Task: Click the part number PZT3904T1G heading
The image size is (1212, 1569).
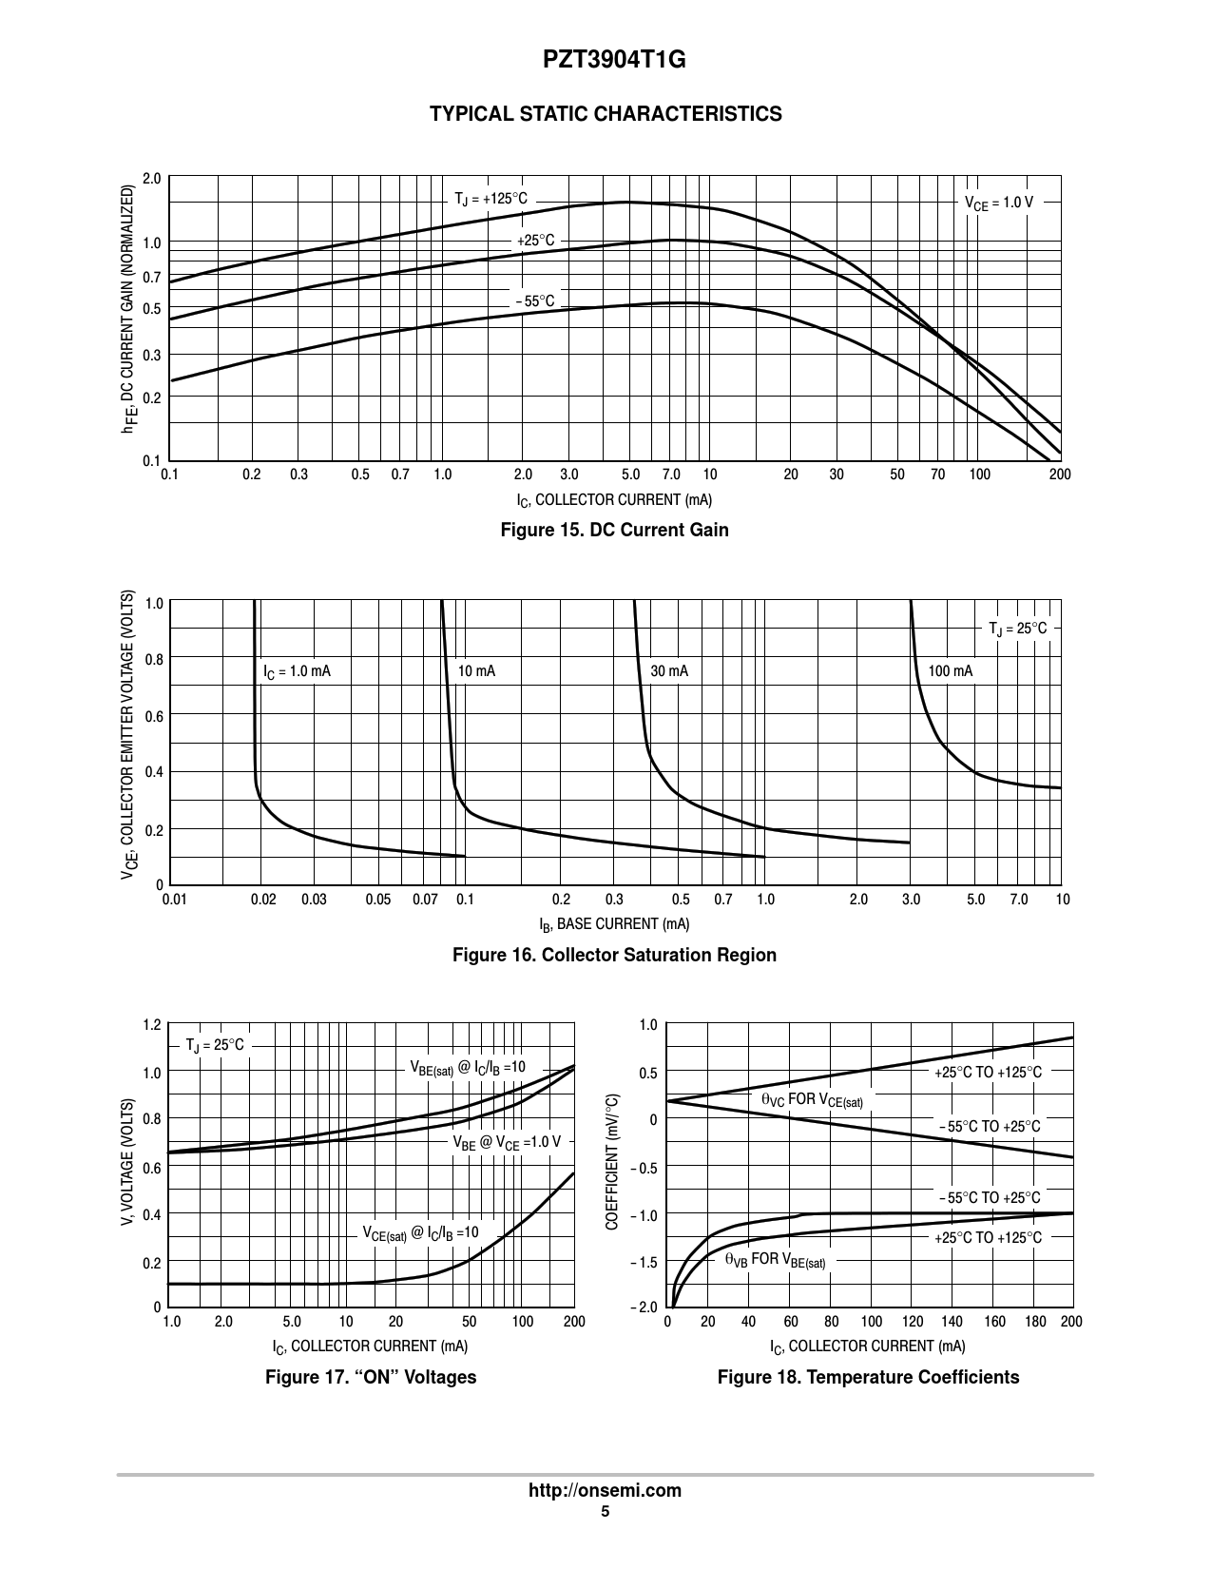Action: click(606, 61)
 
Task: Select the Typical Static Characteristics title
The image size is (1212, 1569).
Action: click(606, 114)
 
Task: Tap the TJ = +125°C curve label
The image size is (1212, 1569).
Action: click(490, 200)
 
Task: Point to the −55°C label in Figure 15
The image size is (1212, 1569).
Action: click(534, 302)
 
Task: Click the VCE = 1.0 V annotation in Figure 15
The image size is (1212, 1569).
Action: click(998, 203)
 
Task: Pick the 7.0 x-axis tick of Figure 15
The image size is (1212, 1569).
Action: click(670, 475)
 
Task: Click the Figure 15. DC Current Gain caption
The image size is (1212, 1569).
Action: click(614, 530)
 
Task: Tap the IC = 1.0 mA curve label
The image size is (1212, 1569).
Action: click(297, 671)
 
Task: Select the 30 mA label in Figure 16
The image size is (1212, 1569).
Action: click(669, 671)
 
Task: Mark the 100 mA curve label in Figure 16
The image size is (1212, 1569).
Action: click(950, 671)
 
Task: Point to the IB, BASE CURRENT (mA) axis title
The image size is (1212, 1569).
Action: click(614, 924)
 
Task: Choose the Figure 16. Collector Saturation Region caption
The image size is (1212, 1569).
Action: click(614, 955)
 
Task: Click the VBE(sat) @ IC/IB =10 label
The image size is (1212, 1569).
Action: click(467, 1068)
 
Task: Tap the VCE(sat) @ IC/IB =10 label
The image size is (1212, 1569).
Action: click(420, 1233)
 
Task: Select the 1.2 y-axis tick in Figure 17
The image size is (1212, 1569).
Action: click(152, 1025)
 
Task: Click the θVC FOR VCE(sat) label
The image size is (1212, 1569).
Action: click(813, 1101)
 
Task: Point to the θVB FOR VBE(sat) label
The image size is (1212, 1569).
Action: click(775, 1260)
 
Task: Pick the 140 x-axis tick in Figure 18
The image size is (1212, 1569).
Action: click(952, 1322)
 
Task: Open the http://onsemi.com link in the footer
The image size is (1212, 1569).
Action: click(605, 1490)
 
